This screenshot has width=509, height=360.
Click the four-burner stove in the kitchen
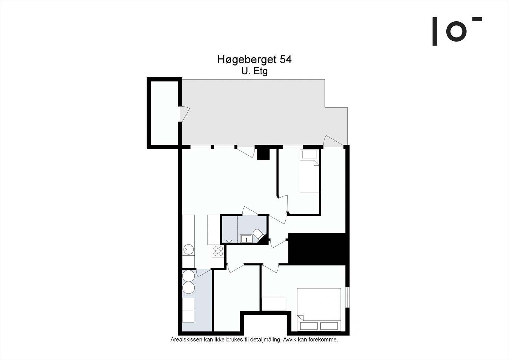pos(218,251)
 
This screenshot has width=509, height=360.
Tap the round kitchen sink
pos(189,250)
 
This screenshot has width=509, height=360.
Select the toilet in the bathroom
pos(259,235)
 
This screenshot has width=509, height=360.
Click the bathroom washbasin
pos(246,238)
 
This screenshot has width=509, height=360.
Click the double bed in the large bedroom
pos(319,309)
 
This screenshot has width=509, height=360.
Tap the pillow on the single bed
pos(310,155)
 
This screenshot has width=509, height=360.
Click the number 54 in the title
pos(285,60)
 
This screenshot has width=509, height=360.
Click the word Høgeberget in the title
pos(247,60)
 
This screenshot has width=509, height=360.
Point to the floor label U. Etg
pos(254,71)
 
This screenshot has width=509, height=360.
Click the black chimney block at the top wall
pos(263,153)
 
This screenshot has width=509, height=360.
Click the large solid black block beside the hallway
pos(317,249)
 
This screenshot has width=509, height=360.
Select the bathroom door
pos(250,211)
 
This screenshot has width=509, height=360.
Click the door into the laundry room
pos(204,272)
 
